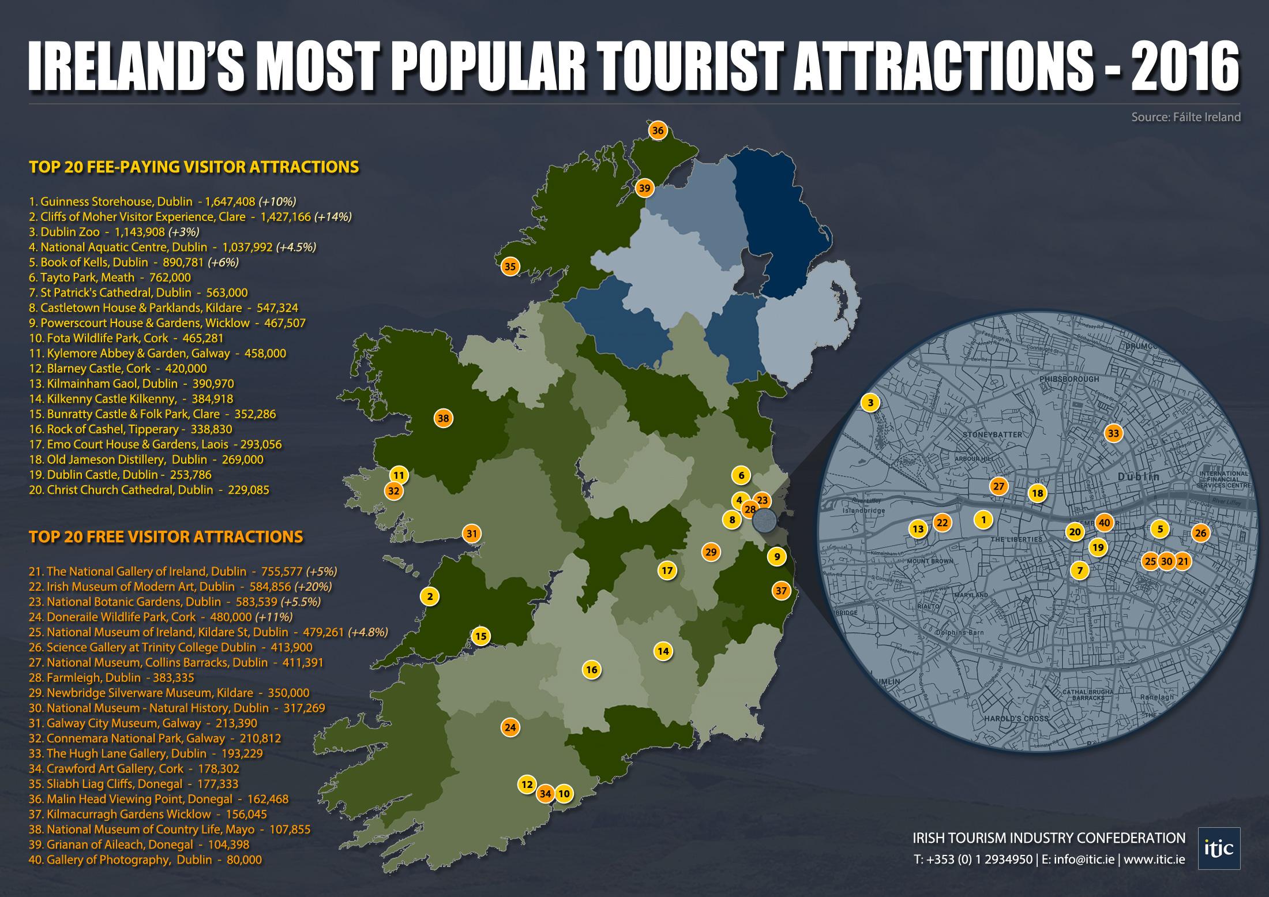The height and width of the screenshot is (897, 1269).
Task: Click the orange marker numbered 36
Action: pos(658,130)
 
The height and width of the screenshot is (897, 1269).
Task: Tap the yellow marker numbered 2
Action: pos(430,596)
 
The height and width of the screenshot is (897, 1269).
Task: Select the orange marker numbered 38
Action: pos(443,419)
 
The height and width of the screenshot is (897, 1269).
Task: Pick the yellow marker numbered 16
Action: pos(591,670)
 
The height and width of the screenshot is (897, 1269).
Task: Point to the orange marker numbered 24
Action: pos(510,727)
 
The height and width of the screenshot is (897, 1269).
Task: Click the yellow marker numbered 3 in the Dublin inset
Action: pos(870,403)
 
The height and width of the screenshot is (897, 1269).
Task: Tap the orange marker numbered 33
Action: pos(1113,433)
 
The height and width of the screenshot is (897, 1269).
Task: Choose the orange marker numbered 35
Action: pos(510,267)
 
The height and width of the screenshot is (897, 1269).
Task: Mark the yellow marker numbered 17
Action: pos(667,571)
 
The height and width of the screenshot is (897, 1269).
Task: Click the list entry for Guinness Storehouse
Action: pos(162,202)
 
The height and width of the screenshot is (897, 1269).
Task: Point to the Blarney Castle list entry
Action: pos(118,369)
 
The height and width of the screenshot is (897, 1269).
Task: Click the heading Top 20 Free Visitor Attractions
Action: pos(166,536)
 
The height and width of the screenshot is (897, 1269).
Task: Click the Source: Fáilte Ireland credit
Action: pos(1185,117)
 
